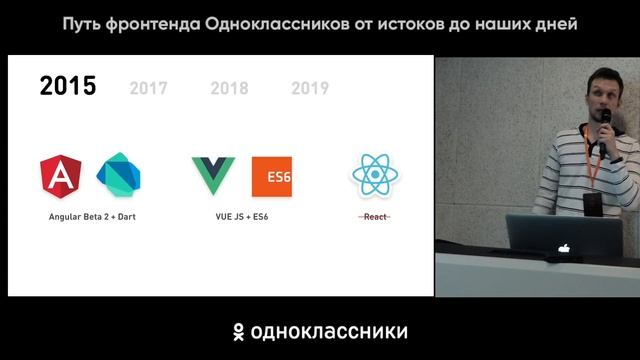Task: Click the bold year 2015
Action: (x=68, y=86)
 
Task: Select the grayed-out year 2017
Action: (x=148, y=88)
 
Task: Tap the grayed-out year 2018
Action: (x=229, y=88)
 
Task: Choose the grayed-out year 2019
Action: (x=310, y=88)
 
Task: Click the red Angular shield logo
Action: (x=61, y=176)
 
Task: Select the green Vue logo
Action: (x=214, y=176)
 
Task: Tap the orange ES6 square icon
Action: (x=272, y=176)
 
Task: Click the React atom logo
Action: (x=376, y=176)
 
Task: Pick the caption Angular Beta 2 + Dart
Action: (x=92, y=216)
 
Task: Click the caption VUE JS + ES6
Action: (x=242, y=216)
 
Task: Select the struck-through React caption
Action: (x=376, y=216)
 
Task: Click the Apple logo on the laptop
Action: (x=565, y=246)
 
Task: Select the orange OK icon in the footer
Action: (x=239, y=331)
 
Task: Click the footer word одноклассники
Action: (x=331, y=331)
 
